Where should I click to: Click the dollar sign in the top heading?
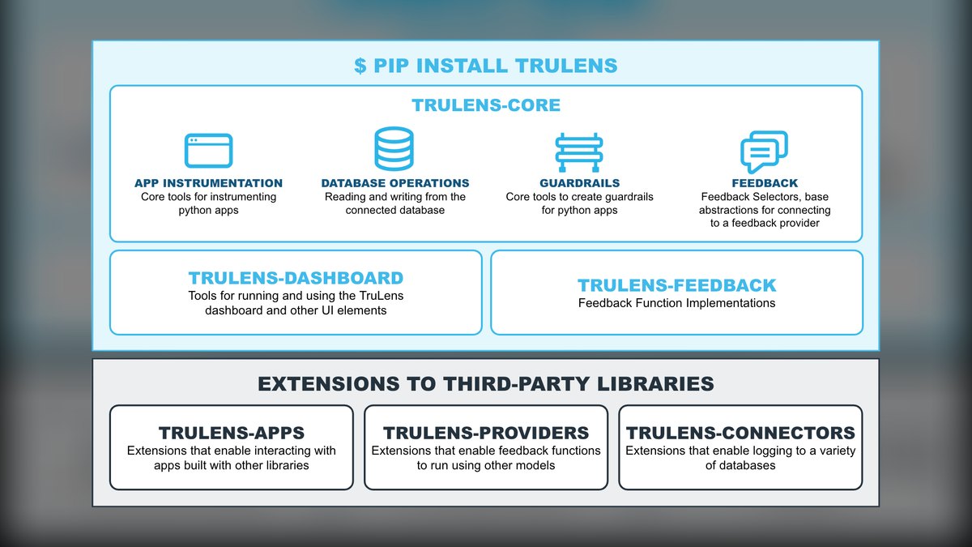tap(360, 66)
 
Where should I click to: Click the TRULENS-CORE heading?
tap(486, 105)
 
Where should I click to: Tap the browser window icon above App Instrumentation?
tap(208, 151)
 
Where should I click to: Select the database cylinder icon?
tap(394, 149)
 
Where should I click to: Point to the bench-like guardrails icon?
tap(579, 152)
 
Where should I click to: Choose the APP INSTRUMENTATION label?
tap(208, 183)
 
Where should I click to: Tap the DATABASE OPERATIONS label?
tap(395, 183)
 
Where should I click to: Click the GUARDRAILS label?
tap(580, 183)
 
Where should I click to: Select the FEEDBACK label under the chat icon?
tap(765, 183)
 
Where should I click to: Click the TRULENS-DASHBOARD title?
tap(296, 278)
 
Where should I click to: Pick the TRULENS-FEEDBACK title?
tap(677, 285)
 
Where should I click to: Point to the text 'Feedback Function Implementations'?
tap(677, 303)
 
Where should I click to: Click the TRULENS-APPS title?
tap(232, 433)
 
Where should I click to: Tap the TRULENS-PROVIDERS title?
tap(486, 433)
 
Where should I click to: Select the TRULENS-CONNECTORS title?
tap(740, 433)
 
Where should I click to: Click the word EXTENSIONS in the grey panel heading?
tap(329, 384)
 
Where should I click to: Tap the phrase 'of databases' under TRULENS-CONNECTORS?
tap(740, 465)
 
